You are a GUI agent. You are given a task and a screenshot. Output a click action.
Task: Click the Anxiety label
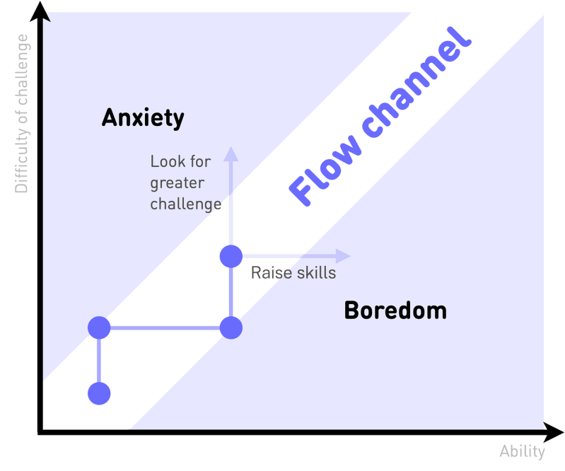point(143,118)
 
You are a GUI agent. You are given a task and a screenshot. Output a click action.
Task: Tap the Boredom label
point(396,310)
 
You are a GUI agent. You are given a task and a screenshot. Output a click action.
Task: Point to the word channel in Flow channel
point(417,82)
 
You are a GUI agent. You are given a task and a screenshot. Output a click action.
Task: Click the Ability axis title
point(522,452)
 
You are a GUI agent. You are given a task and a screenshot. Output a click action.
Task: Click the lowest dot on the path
point(99,393)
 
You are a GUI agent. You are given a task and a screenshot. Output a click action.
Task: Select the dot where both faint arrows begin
point(231,256)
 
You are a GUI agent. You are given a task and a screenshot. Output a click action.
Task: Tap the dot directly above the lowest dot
point(99,327)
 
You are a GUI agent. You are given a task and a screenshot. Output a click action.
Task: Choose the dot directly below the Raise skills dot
point(231,327)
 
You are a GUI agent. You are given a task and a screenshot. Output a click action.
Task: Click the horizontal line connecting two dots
point(165,328)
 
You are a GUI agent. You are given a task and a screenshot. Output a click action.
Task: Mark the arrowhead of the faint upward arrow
point(231,154)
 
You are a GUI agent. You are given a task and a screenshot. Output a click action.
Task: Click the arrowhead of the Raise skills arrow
point(343,256)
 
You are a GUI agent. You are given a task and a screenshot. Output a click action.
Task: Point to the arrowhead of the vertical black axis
point(40,11)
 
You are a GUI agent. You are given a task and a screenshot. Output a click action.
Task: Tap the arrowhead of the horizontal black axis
point(554,432)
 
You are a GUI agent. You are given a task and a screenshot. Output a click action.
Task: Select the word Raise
point(271,273)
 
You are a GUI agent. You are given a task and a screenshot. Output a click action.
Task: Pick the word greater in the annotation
point(177,183)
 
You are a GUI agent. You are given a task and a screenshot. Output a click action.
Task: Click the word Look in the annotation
point(167,161)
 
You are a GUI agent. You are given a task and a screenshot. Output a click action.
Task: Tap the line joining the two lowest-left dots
point(99,361)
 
